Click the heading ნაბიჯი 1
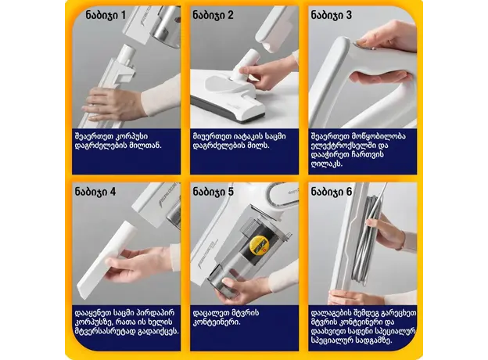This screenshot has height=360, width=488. click(x=106, y=15)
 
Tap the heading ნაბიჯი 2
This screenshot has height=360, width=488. click(x=213, y=15)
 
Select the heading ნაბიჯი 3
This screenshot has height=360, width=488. click(x=331, y=15)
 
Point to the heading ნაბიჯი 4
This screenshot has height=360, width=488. click(x=95, y=192)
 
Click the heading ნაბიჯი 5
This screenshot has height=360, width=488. click(x=213, y=192)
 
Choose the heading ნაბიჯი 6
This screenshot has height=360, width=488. click(x=331, y=192)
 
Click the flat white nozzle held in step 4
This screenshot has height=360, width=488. click(x=106, y=260)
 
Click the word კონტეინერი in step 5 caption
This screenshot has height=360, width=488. click(x=215, y=322)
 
